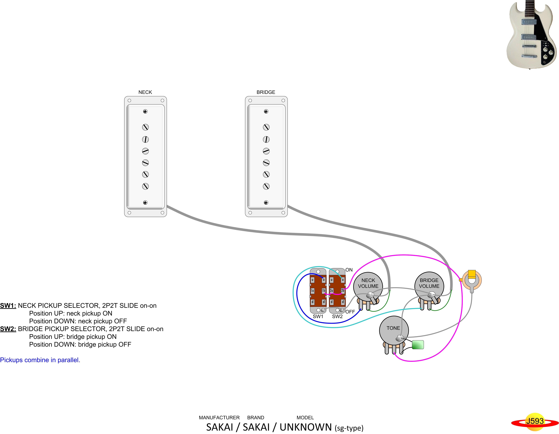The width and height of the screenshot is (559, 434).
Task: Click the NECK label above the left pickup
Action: click(x=145, y=92)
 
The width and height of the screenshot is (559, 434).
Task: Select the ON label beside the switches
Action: click(x=349, y=270)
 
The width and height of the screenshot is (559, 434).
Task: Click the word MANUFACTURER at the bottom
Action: click(x=219, y=418)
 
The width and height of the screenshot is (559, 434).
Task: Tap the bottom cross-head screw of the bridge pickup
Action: click(x=266, y=203)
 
